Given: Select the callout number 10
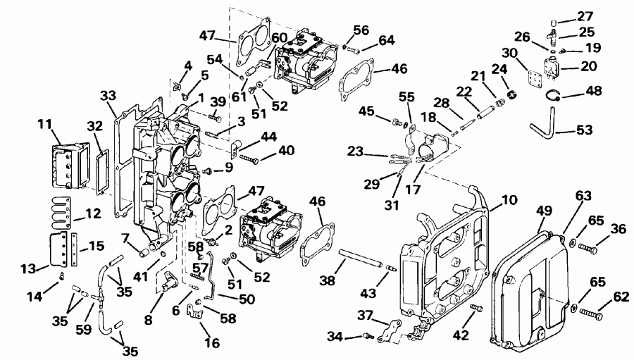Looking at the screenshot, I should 509,201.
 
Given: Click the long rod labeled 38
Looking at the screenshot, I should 363,258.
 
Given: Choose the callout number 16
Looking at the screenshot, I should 212,344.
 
